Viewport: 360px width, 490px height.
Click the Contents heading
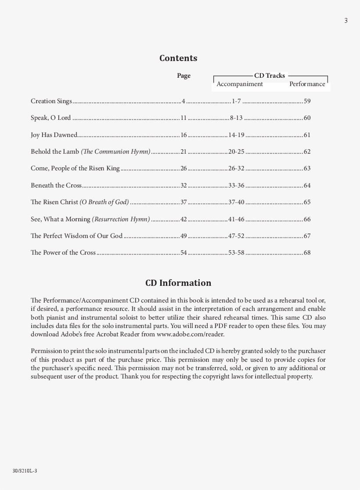click(178, 58)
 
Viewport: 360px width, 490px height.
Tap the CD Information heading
click(178, 283)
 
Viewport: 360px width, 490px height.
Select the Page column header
click(184, 76)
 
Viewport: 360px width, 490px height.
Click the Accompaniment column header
click(240, 84)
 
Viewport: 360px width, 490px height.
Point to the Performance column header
click(307, 84)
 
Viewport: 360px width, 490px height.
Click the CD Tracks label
click(270, 76)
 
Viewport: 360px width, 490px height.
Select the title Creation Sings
click(51, 101)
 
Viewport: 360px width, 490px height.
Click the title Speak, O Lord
click(50, 118)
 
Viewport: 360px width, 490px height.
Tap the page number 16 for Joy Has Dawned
click(184, 135)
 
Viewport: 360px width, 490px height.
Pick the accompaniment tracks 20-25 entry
click(236, 152)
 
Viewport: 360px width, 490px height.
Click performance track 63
click(307, 169)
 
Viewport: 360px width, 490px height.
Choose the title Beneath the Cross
click(56, 185)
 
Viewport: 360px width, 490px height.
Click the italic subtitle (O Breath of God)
click(104, 202)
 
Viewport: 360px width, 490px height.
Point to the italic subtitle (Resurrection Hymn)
click(121, 219)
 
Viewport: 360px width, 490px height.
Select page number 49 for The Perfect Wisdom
click(184, 236)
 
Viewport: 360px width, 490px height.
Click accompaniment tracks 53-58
click(236, 253)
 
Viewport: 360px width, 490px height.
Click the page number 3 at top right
click(346, 21)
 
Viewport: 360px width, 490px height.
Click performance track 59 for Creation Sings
click(307, 101)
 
